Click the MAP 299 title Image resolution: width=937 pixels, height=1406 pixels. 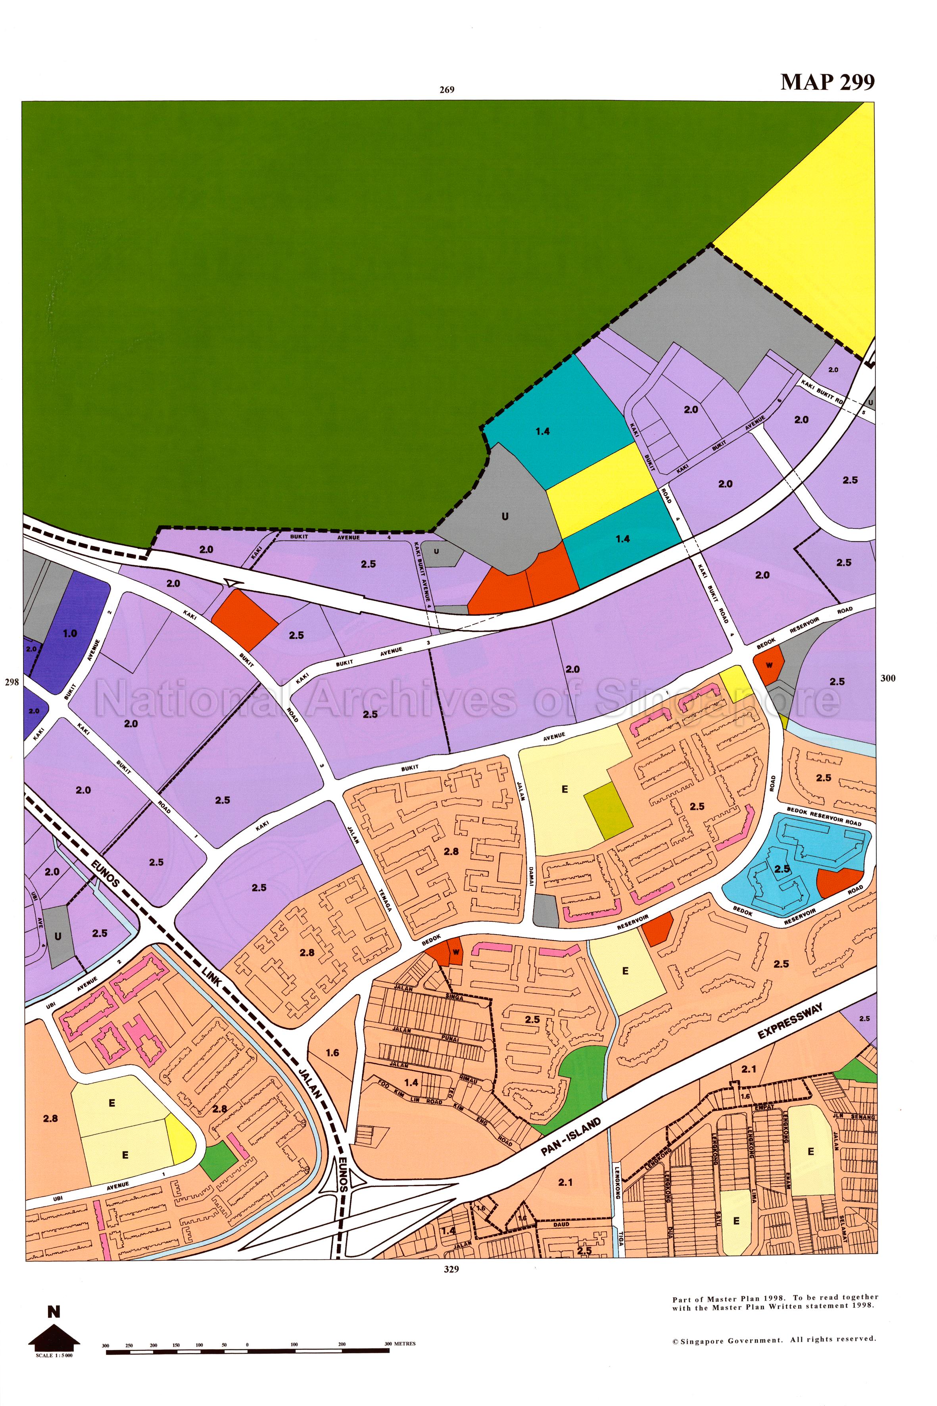point(827,82)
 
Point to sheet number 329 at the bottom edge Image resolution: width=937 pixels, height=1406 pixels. point(451,1269)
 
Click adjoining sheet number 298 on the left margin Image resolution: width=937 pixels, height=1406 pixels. point(12,682)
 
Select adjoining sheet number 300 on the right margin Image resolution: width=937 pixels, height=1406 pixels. point(888,678)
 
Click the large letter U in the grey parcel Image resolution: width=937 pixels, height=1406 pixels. point(505,517)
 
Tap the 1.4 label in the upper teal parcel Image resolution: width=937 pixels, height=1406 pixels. point(543,432)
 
